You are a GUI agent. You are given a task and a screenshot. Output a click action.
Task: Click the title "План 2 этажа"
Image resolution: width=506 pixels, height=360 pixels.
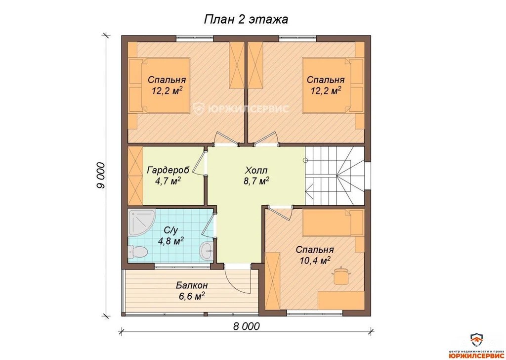click(246, 20)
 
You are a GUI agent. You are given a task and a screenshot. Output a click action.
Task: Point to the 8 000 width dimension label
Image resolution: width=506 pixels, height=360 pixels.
click(246, 326)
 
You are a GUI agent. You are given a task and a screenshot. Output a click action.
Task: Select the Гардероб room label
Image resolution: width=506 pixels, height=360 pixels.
click(168, 170)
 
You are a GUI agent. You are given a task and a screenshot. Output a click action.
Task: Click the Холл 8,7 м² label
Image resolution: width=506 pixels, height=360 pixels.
click(256, 176)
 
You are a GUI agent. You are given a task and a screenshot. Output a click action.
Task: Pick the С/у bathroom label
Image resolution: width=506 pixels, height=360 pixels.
click(171, 230)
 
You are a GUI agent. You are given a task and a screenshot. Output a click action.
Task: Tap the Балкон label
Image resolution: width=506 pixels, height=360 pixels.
click(192, 285)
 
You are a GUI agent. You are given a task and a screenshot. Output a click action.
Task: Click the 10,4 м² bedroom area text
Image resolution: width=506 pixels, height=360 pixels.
click(315, 260)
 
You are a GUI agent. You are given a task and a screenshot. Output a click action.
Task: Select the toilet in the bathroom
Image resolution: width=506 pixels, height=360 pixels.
click(137, 251)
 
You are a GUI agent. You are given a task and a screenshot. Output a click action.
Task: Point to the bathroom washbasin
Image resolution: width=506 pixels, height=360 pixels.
click(207, 250)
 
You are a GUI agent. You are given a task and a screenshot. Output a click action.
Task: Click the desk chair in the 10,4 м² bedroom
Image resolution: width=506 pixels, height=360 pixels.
click(340, 276)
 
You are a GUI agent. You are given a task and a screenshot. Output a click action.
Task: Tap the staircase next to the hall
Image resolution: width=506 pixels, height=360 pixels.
click(335, 176)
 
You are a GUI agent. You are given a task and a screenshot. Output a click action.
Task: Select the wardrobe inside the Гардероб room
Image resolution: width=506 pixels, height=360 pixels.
click(135, 176)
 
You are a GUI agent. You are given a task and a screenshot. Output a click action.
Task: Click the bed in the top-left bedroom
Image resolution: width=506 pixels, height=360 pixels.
click(159, 86)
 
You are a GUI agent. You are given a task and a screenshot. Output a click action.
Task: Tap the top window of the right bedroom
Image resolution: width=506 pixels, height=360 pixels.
click(297, 38)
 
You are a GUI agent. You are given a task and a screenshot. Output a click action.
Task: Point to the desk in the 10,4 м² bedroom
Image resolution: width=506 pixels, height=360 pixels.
click(341, 300)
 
